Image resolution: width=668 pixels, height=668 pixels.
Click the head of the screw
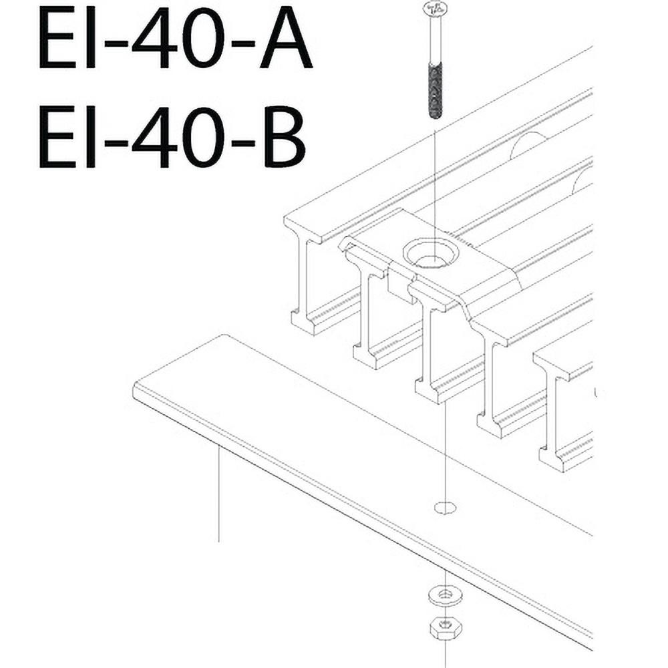point(434,9)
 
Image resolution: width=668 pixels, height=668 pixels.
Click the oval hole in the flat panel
point(445,508)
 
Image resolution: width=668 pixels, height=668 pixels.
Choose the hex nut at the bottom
point(442,627)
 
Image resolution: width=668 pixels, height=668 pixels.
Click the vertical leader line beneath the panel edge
point(218,494)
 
